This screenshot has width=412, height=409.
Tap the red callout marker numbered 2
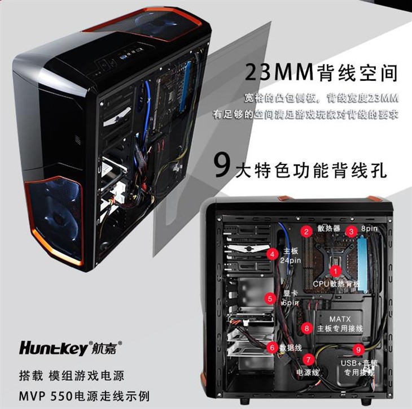click(306, 231)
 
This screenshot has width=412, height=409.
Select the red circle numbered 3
click(351, 231)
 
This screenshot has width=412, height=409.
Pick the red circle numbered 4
click(273, 255)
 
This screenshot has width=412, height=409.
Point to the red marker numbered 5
click(271, 298)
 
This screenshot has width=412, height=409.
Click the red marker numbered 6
click(273, 347)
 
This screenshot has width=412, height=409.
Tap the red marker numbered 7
click(308, 359)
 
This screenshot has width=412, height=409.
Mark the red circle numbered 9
click(358, 349)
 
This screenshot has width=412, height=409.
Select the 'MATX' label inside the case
click(340, 319)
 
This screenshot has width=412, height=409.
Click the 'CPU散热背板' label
click(336, 283)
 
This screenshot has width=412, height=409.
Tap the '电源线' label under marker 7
click(308, 373)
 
